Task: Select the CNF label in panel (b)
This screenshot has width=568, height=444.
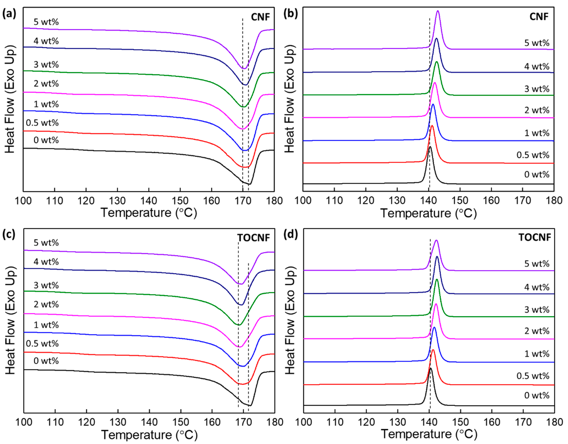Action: click(x=539, y=17)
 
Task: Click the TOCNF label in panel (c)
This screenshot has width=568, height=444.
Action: click(x=253, y=238)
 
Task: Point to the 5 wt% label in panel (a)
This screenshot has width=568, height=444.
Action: click(x=46, y=22)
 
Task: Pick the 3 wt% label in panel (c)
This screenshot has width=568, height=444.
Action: click(x=46, y=285)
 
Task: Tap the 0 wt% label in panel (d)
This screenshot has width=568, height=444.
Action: click(x=537, y=395)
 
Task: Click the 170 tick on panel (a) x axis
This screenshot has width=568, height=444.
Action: click(x=243, y=201)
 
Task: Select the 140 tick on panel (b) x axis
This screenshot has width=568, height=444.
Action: click(x=428, y=201)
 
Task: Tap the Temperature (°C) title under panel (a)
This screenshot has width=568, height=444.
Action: click(x=149, y=213)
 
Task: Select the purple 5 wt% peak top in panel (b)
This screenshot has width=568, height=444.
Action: click(x=438, y=11)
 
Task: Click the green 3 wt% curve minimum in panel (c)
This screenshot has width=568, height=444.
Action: click(x=239, y=325)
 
